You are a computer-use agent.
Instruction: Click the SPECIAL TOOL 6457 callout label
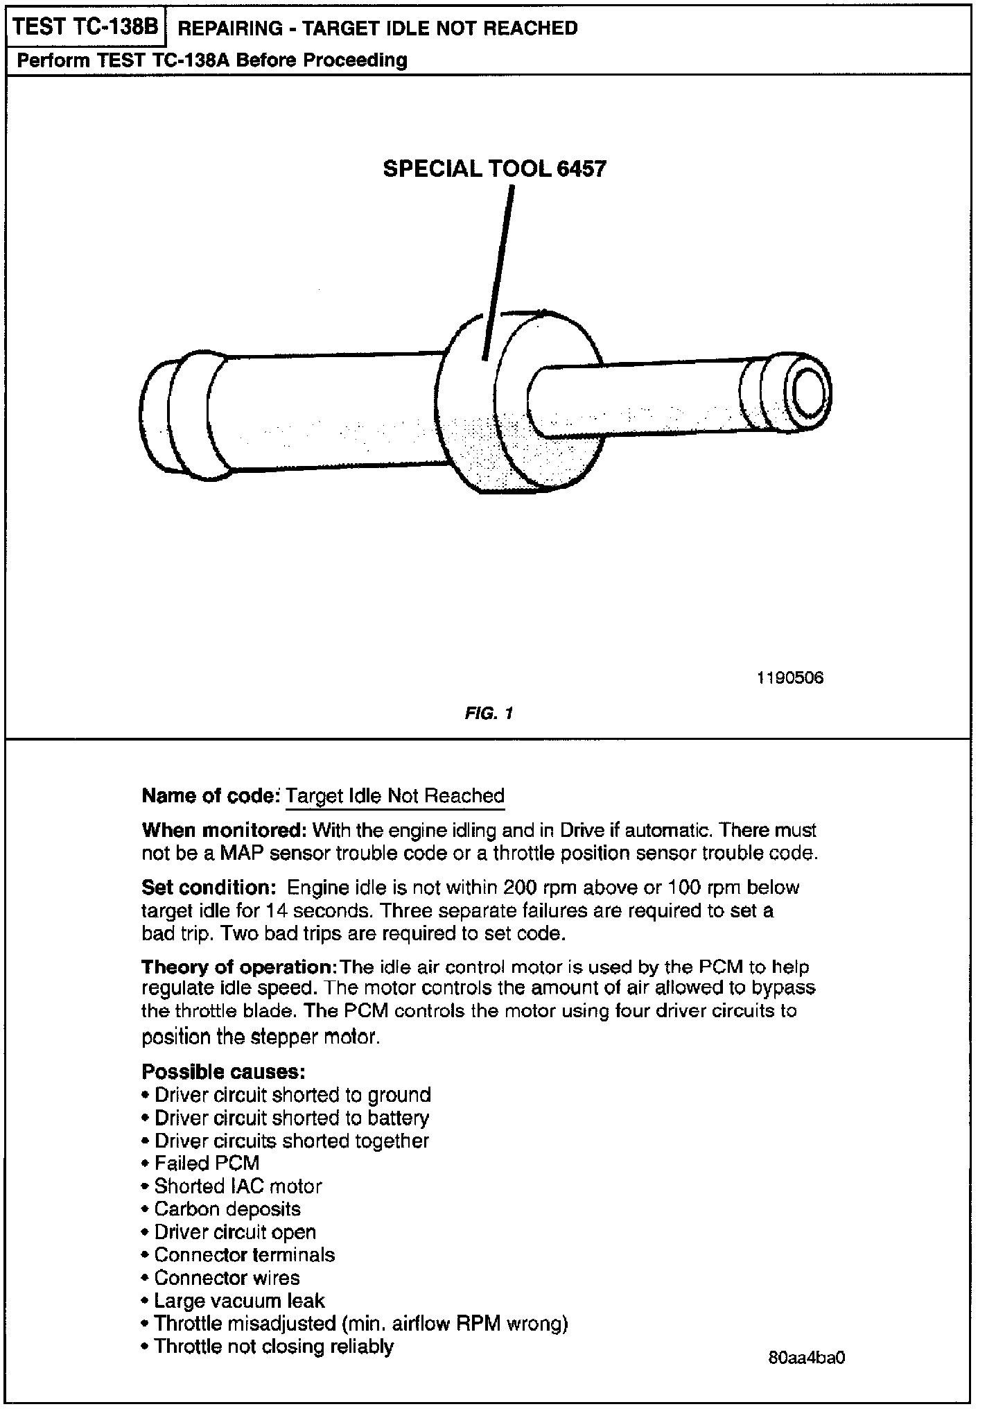(x=494, y=168)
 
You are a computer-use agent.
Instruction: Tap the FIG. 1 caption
(x=489, y=713)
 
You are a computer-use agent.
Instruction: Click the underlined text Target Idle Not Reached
(x=395, y=795)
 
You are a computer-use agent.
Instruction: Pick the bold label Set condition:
(x=209, y=888)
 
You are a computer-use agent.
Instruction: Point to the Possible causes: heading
(x=223, y=1071)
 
